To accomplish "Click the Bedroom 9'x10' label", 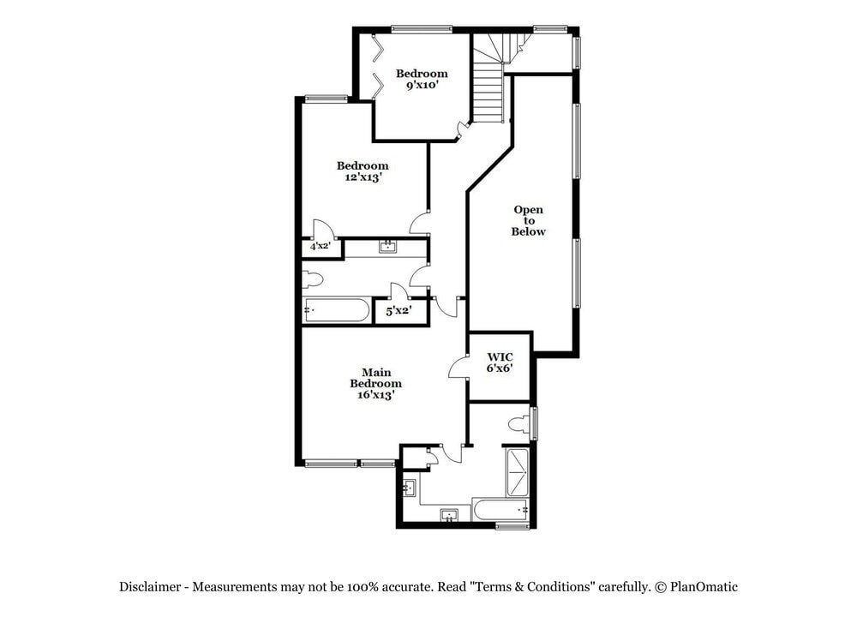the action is pos(422,79).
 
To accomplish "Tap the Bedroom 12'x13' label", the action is pos(363,171).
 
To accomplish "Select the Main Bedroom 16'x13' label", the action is pos(376,384).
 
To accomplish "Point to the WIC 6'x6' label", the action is pos(500,362).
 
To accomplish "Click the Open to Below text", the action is pos(529,220).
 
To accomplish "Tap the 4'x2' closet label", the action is pos(321,246).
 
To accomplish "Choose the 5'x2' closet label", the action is pos(399,311).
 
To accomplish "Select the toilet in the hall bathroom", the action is pos(313,280).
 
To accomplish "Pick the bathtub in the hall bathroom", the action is pos(336,310).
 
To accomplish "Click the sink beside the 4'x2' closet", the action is pos(388,247).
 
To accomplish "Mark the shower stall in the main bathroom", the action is pos(517,471).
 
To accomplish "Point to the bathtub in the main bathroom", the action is pos(500,510).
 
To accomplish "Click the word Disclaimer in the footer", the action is pos(150,587).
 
